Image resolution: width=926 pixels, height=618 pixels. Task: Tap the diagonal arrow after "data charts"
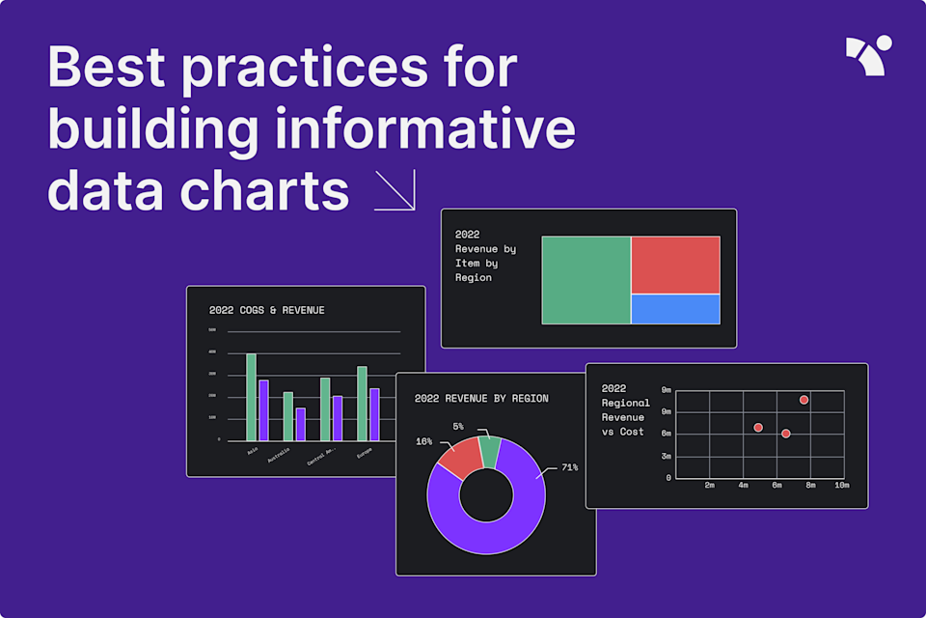click(395, 190)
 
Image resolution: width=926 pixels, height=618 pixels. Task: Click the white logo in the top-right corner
click(868, 55)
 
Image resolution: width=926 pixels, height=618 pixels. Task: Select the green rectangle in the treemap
click(586, 280)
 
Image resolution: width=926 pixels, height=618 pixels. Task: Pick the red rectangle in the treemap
click(675, 265)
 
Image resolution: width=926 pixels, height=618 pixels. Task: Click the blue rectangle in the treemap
click(675, 309)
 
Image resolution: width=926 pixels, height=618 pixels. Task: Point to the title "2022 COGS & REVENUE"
click(266, 310)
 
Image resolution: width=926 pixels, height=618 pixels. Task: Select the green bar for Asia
click(251, 397)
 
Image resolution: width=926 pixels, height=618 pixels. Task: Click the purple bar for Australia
click(300, 424)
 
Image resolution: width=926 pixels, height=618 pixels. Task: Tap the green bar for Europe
click(362, 403)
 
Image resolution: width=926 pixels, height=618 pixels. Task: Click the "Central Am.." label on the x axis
click(320, 456)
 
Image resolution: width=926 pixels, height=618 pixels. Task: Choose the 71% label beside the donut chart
click(570, 467)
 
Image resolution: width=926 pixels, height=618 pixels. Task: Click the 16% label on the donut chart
click(423, 441)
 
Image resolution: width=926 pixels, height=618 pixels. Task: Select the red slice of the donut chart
click(462, 455)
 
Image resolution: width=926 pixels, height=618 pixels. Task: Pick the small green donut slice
click(490, 450)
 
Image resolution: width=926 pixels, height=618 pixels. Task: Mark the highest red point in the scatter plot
click(803, 400)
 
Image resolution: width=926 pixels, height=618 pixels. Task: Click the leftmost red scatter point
click(758, 427)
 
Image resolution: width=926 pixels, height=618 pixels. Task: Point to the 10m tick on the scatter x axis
click(841, 485)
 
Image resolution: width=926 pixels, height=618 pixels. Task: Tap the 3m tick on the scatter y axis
click(667, 456)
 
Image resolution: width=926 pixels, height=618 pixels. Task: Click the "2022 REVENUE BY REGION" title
click(481, 398)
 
